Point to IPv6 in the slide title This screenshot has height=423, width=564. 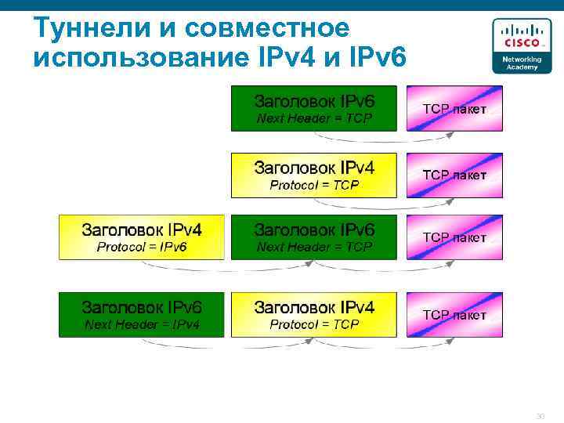[x=376, y=57]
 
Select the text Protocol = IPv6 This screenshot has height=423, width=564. [x=142, y=247]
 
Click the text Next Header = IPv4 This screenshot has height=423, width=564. [x=142, y=324]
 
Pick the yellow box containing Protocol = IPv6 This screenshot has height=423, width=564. [x=142, y=237]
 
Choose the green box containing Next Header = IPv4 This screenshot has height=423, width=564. [x=142, y=314]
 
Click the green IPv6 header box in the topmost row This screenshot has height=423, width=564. [x=314, y=108]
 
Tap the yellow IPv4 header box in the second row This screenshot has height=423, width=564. [x=314, y=175]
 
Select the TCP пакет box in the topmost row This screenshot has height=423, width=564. [x=454, y=108]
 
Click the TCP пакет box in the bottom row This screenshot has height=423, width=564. [x=454, y=314]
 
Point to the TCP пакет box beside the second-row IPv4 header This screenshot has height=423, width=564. [x=454, y=175]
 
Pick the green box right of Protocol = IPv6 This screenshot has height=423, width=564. [x=314, y=237]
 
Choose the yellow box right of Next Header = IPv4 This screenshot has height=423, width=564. [x=314, y=314]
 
